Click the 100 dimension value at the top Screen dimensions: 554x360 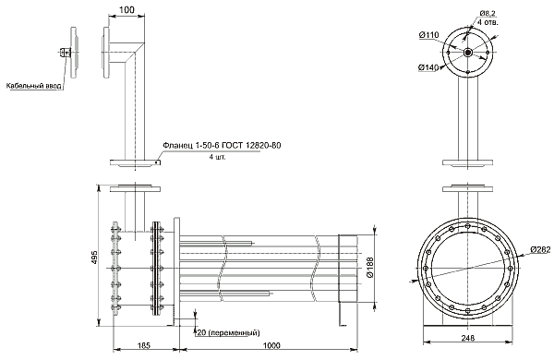tap(126, 10)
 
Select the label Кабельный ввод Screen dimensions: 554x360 tap(34, 86)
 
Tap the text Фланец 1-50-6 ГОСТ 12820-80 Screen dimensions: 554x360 tap(222, 146)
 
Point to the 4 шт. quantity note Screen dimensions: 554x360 tap(217, 157)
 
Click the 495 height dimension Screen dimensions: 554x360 tap(93, 258)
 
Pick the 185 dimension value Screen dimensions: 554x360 tap(144, 345)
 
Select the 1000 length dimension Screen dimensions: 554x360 tap(271, 345)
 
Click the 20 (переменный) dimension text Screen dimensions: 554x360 tap(229, 333)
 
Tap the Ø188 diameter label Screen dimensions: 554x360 tap(369, 268)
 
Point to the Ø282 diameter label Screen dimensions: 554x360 tap(540, 250)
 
